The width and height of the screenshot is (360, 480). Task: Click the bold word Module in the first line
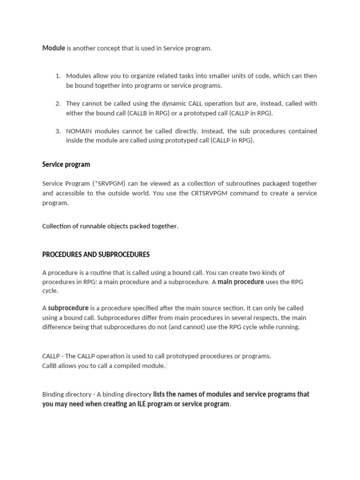[53, 48]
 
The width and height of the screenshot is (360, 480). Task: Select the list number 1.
[58, 76]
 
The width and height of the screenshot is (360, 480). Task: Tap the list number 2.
[58, 104]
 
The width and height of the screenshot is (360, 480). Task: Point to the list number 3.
[58, 131]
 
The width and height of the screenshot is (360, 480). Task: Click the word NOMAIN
[79, 131]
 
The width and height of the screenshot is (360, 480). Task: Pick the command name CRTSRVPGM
[216, 193]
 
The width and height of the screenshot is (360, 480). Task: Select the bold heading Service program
[66, 165]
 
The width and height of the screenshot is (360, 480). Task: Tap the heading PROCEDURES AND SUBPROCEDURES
[96, 255]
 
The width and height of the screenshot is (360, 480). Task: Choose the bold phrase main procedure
[240, 282]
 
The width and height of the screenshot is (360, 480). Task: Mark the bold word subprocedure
[68, 308]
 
